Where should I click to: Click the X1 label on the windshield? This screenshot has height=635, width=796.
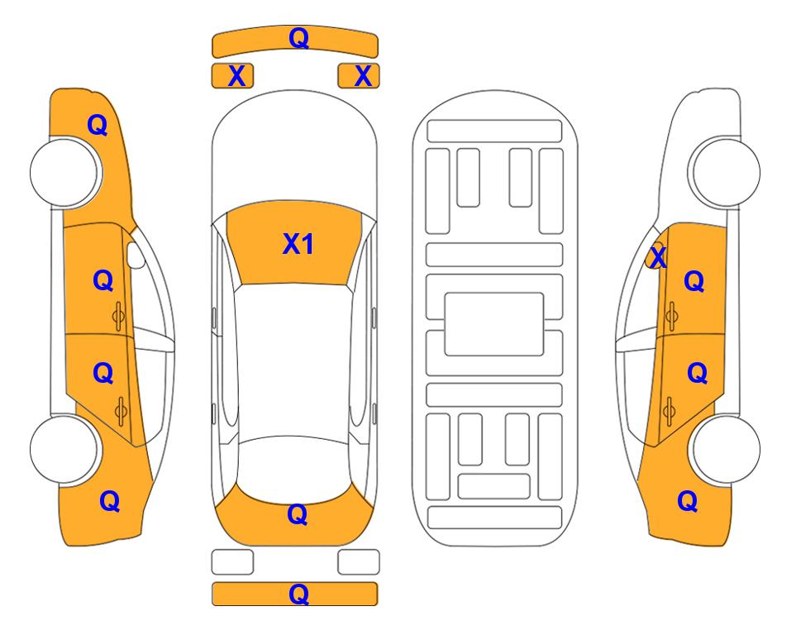pyautogui.click(x=298, y=244)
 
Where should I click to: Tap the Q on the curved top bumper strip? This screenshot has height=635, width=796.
pyautogui.click(x=298, y=37)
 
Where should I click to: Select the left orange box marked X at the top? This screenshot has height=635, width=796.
pyautogui.click(x=232, y=76)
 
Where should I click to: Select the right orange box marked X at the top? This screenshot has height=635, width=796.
pyautogui.click(x=359, y=76)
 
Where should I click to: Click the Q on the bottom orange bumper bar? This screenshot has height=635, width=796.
pyautogui.click(x=298, y=594)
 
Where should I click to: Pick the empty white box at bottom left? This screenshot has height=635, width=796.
pyautogui.click(x=232, y=562)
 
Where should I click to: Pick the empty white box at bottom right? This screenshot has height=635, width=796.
pyautogui.click(x=359, y=562)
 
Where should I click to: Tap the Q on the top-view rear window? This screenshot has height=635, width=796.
pyautogui.click(x=298, y=514)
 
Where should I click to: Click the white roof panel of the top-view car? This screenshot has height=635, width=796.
pyautogui.click(x=293, y=360)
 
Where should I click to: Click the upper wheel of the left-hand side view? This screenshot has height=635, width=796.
pyautogui.click(x=64, y=172)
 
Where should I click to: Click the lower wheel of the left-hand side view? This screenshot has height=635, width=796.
pyautogui.click(x=64, y=449)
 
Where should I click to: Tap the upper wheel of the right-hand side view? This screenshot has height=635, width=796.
pyautogui.click(x=725, y=172)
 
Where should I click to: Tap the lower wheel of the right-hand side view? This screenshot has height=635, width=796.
pyautogui.click(x=725, y=449)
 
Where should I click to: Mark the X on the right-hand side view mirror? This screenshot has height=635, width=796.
pyautogui.click(x=659, y=256)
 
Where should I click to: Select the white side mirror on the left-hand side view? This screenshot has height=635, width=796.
pyautogui.click(x=136, y=255)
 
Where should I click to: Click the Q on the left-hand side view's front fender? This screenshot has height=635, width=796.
pyautogui.click(x=98, y=125)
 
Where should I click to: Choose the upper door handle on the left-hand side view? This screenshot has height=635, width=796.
pyautogui.click(x=119, y=316)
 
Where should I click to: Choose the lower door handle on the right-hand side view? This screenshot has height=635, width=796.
pyautogui.click(x=669, y=411)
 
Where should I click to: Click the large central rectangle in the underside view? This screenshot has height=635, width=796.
pyautogui.click(x=494, y=324)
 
